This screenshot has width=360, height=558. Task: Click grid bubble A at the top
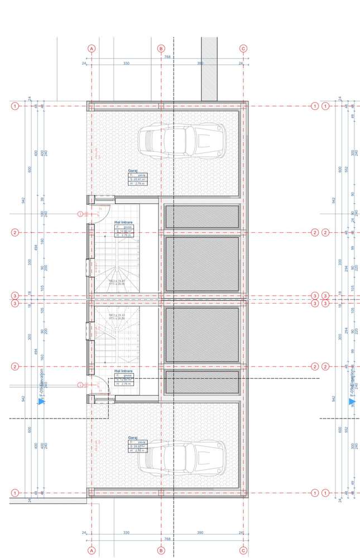(x=92, y=49)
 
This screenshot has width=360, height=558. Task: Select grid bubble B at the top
(x=161, y=49)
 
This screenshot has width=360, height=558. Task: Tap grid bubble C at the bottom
(x=243, y=550)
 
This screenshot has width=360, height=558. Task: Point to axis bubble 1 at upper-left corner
(x=15, y=106)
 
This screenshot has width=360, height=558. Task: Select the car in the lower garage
(x=182, y=455)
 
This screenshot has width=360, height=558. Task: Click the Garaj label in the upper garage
(x=133, y=171)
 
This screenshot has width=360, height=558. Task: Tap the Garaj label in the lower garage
(x=133, y=437)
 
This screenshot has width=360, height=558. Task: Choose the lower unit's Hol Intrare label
(x=123, y=371)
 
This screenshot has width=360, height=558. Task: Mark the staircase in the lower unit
(x=116, y=332)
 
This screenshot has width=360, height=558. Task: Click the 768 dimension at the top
(x=167, y=57)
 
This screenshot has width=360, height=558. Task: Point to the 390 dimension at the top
(x=200, y=64)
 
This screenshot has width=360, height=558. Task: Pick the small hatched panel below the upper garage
(x=202, y=216)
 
